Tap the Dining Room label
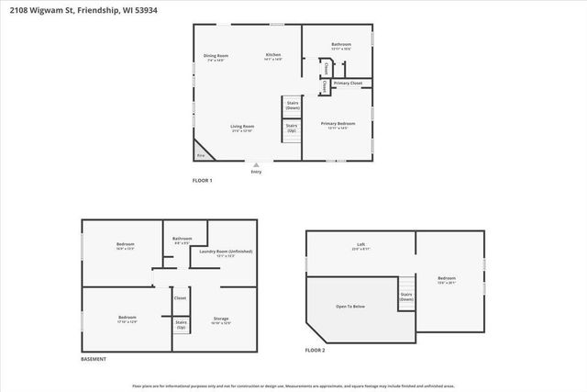pos(216,57)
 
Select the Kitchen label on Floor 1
pos(273,56)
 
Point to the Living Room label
pos(242,127)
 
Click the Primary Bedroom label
pos(338,124)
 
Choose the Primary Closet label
pos(348,84)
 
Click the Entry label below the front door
pos(256,172)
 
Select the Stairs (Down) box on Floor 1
pos(292,106)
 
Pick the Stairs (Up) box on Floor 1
pos(292,129)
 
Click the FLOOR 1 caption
pos(202,180)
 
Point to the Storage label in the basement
pos(221,319)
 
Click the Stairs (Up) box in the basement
pos(181,324)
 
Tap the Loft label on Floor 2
pos(360,245)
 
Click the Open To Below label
pos(351,307)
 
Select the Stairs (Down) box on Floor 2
pos(405,297)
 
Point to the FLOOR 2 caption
pos(316,350)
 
